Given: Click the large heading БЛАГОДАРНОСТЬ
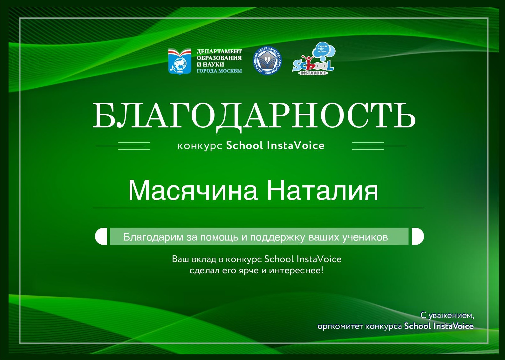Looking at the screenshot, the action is pos(254,116).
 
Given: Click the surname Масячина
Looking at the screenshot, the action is pos(193,190).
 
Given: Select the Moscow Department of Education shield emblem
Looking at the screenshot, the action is pos(180,61).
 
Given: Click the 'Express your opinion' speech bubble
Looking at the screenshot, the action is pos(324,50).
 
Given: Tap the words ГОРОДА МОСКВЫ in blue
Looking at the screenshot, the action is pos(219,71).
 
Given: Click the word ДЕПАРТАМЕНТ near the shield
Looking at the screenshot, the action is pos(219,51).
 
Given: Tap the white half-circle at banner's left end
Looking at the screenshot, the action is pos(101,236).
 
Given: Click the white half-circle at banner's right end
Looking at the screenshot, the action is pos(418,236).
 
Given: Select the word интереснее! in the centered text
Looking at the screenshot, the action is pos(296,270).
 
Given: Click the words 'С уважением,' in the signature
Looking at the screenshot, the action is pos(447,316).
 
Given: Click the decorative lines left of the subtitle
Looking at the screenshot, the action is pos(123,146).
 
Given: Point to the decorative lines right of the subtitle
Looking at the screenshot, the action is pos(379,146).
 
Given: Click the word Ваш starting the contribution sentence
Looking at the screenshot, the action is pos(181,259).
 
